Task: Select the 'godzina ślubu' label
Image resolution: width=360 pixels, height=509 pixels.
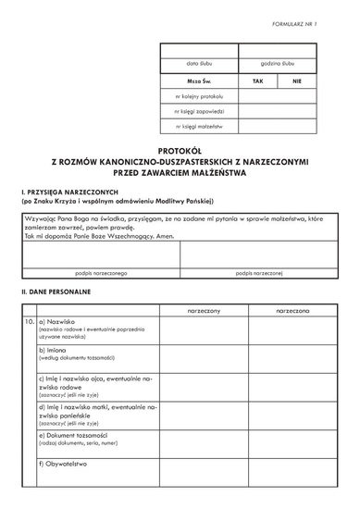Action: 278,64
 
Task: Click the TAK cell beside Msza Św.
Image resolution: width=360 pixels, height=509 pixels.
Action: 258,81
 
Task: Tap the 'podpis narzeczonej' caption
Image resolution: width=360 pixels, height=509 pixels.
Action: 258,274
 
